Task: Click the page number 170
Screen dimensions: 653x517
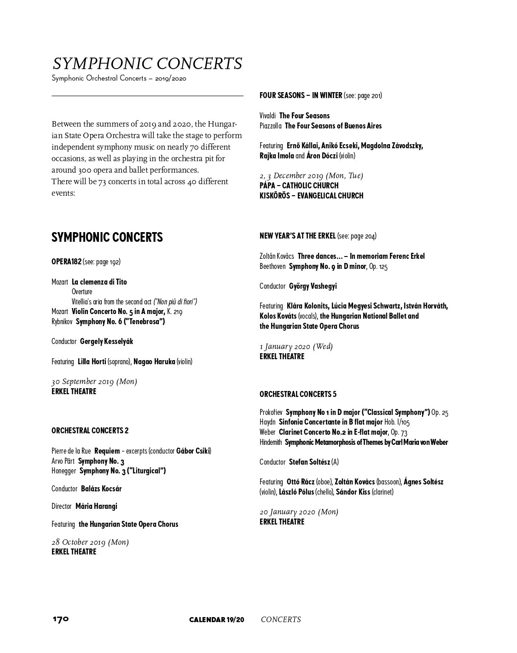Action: [x=60, y=619]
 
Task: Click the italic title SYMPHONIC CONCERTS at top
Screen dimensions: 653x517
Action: [x=147, y=64]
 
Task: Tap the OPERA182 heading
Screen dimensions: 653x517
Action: [x=66, y=262]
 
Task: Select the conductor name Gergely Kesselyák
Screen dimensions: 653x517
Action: [x=106, y=341]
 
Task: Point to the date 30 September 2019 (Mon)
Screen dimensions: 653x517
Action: [x=94, y=381]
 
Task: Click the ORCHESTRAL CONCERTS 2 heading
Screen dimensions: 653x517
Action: [x=90, y=431]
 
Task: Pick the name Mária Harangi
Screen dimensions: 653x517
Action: [x=96, y=506]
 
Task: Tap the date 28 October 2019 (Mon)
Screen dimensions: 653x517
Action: [x=90, y=542]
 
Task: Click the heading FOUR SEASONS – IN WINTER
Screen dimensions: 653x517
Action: [x=301, y=96]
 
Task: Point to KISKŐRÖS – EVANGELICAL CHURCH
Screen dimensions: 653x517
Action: [x=311, y=196]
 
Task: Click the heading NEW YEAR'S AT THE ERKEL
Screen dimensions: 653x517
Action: [x=297, y=236]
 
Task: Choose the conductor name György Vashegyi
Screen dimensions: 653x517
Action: [x=313, y=286]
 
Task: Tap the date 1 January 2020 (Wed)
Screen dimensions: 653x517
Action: [x=296, y=346]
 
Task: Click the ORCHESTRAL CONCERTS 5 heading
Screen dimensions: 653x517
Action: [x=298, y=394]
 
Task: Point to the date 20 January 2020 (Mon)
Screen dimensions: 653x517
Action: [x=298, y=512]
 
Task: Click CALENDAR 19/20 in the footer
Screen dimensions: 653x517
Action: [x=216, y=619]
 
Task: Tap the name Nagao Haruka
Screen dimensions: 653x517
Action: [x=154, y=361]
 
